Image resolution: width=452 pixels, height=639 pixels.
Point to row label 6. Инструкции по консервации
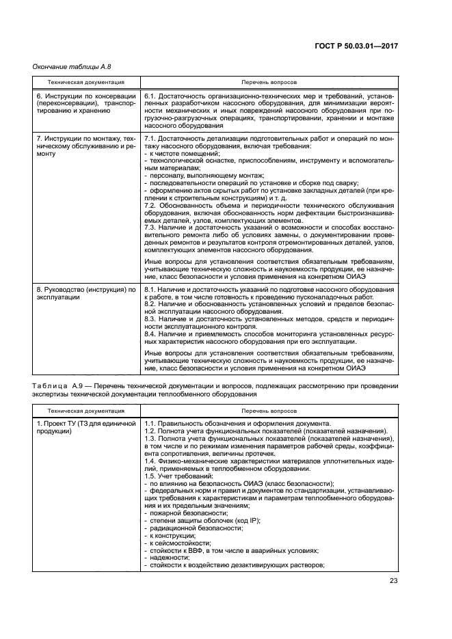point(81,97)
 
